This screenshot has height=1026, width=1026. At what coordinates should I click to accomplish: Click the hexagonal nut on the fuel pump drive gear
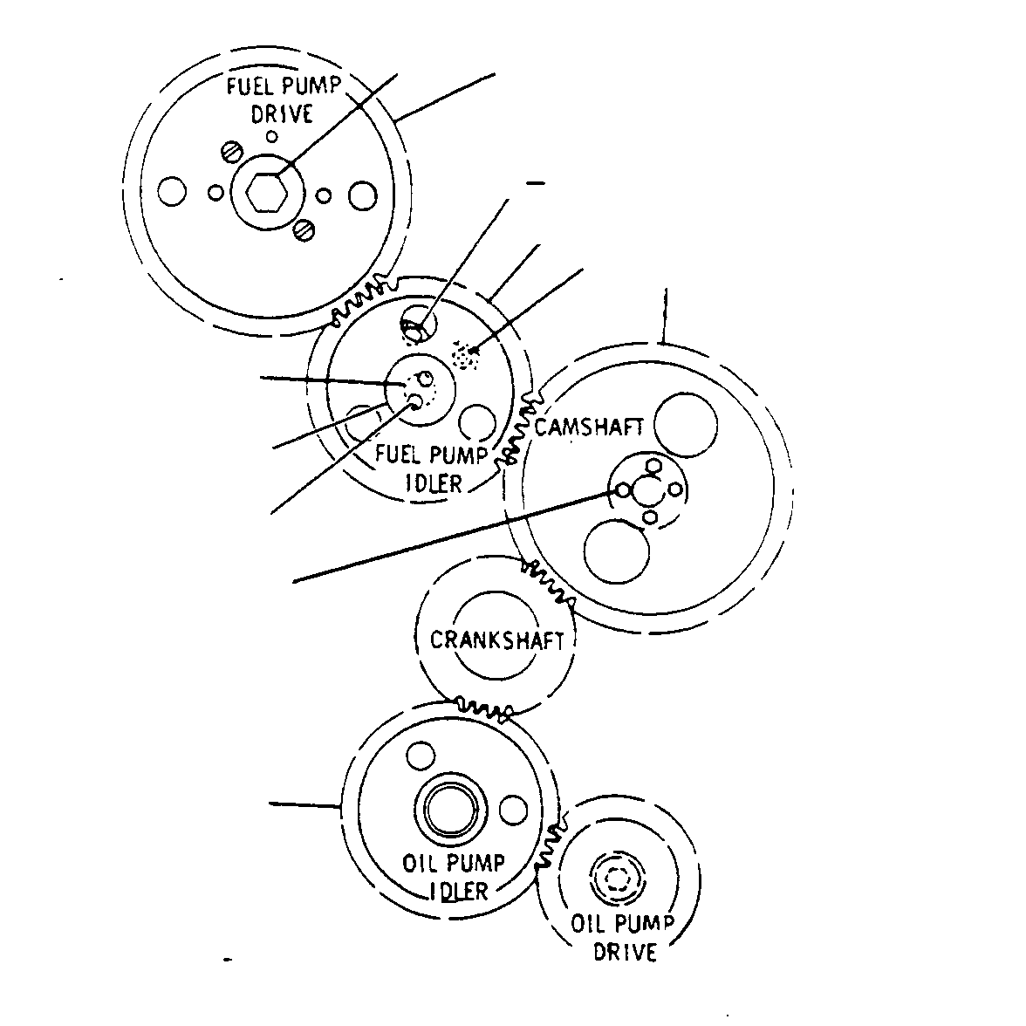(267, 192)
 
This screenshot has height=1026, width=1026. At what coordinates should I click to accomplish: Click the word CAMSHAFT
(589, 427)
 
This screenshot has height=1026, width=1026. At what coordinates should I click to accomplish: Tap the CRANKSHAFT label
(496, 640)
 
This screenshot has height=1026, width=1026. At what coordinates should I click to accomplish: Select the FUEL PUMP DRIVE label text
(284, 100)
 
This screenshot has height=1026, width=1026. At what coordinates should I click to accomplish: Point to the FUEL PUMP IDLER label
(432, 469)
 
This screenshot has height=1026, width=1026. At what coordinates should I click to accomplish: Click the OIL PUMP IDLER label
(454, 877)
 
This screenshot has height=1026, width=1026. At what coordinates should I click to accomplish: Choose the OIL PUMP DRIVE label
(623, 937)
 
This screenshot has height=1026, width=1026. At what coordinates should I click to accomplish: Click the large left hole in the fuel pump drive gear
(172, 192)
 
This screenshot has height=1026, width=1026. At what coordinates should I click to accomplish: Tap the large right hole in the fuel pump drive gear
(363, 195)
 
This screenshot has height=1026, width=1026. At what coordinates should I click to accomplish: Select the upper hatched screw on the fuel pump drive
(232, 152)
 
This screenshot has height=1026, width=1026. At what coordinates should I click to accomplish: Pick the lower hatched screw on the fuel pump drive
(304, 229)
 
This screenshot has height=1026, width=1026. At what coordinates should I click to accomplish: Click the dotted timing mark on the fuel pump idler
(465, 354)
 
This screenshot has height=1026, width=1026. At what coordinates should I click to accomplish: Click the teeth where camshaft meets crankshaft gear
(548, 583)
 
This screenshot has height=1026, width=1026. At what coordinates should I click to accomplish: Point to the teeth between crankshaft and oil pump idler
(485, 708)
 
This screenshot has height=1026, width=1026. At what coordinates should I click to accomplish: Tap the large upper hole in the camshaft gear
(686, 425)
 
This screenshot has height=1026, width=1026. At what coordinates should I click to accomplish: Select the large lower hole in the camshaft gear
(616, 551)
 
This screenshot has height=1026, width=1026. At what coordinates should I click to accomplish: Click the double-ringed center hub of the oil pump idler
(452, 809)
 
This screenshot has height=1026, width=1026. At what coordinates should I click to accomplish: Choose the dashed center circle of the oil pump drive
(617, 879)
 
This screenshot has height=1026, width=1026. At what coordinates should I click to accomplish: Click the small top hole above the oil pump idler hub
(421, 756)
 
